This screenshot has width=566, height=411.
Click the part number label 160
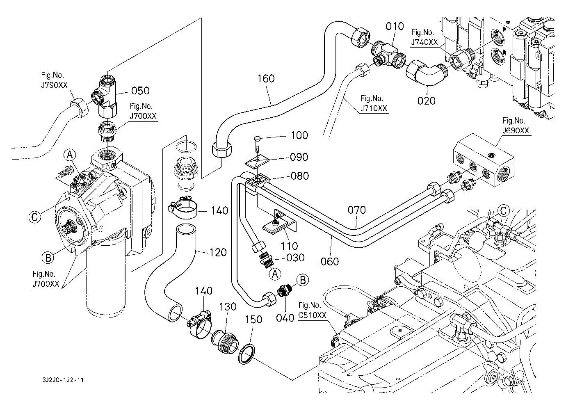(x=266, y=78)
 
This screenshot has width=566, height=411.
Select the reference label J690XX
(x=516, y=131)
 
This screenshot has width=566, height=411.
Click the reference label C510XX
(x=313, y=315)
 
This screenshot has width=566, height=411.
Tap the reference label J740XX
(x=425, y=41)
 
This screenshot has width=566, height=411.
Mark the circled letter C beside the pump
(x=36, y=216)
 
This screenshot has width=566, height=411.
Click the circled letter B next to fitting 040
(x=303, y=280)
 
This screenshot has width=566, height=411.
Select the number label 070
(x=356, y=210)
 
